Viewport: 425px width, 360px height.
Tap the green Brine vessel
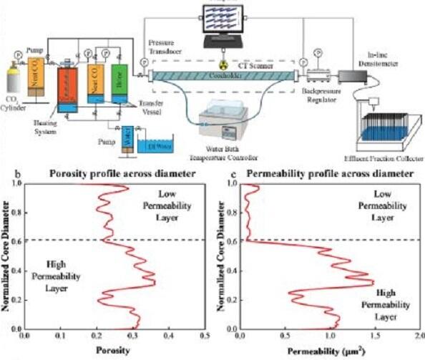click(119, 87)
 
